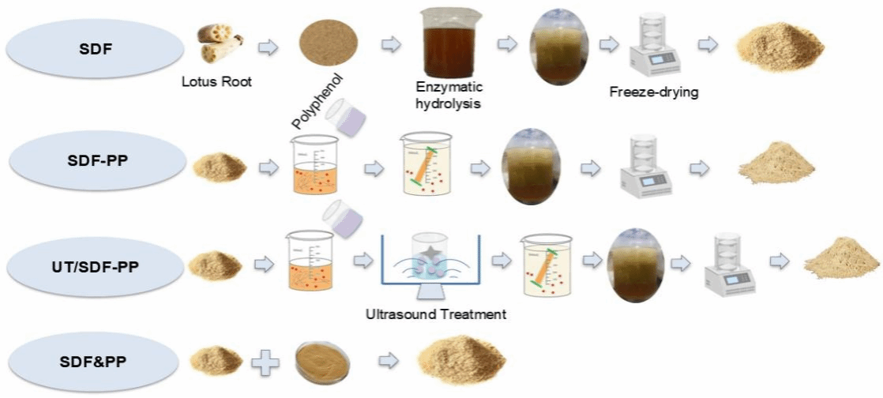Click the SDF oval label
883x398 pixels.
[x=96, y=50]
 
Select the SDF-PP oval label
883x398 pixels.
[x=98, y=160]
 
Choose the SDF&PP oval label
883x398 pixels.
[x=93, y=360]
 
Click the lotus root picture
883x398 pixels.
[x=220, y=44]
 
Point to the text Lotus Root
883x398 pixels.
[x=217, y=82]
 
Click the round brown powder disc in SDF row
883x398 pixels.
[x=329, y=43]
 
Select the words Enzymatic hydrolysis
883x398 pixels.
[x=449, y=95]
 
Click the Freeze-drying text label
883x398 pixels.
[x=654, y=91]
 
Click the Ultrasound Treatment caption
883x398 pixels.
[x=436, y=314]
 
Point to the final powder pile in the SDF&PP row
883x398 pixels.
[x=461, y=359]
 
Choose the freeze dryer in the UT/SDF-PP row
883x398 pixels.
[x=731, y=264]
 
